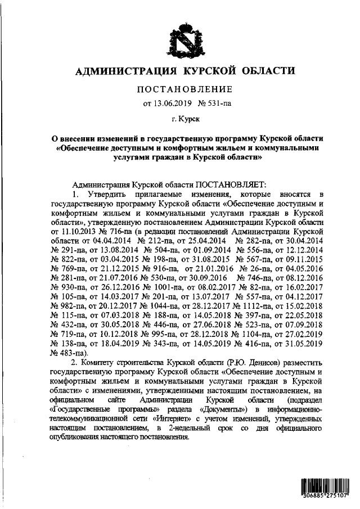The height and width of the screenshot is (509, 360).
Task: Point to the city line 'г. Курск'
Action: click(184, 119)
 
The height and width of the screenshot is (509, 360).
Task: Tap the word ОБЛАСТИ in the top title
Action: click(269, 71)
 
